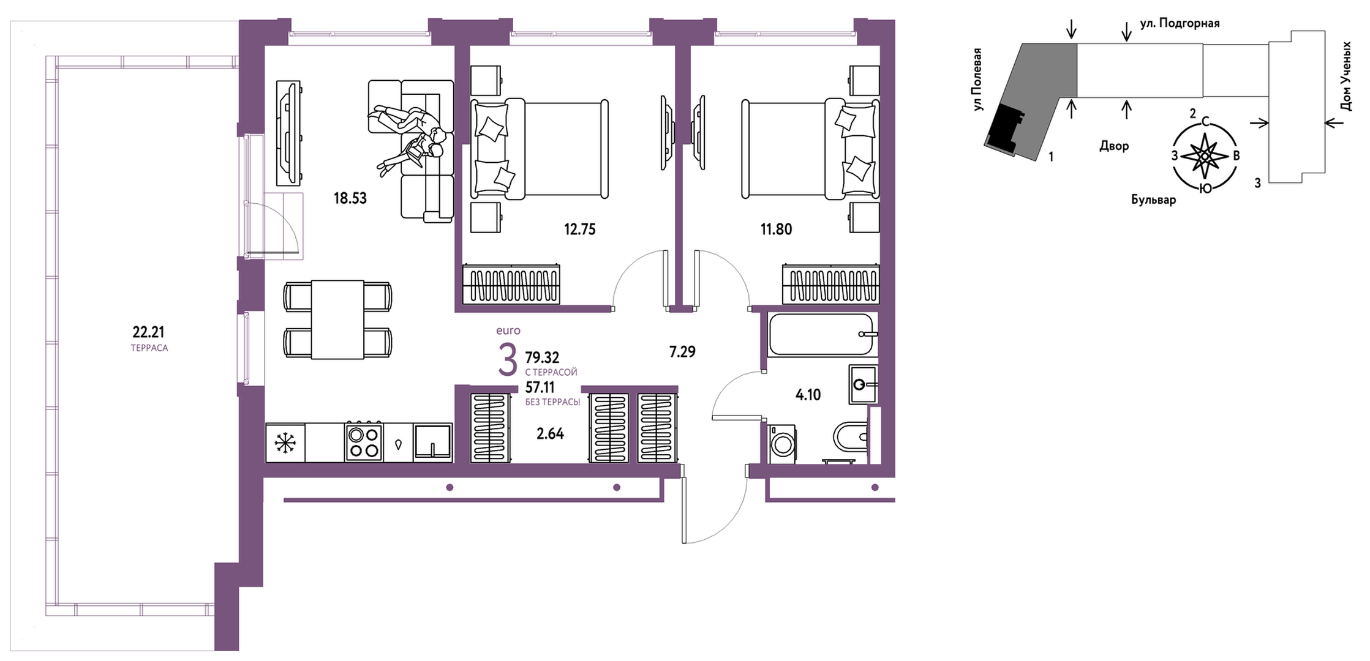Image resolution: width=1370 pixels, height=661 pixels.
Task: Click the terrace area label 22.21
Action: [148, 332]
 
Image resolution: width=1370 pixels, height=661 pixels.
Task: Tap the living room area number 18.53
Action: [350, 198]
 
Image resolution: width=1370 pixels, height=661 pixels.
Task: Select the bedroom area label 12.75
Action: [579, 230]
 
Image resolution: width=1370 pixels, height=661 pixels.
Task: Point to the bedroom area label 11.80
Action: [776, 230]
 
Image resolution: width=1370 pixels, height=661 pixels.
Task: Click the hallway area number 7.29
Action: [682, 352]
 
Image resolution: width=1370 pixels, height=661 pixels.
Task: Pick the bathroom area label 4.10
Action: [808, 395]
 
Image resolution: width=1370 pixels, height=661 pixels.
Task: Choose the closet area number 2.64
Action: [550, 434]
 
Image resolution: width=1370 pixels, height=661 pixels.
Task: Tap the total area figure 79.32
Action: [543, 357]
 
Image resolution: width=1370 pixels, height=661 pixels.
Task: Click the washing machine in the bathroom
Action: [782, 444]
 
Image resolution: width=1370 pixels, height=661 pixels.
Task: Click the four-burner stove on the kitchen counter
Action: [363, 442]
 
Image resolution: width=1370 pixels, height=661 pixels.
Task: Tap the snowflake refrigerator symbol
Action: [285, 443]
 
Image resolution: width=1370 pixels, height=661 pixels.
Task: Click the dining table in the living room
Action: [337, 319]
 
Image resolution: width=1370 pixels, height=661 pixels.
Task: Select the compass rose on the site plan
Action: [1205, 155]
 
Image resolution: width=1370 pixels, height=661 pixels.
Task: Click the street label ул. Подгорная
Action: [1180, 23]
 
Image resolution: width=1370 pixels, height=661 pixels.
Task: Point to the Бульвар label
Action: [1153, 200]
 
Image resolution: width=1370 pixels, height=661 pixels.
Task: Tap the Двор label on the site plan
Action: [1114, 146]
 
